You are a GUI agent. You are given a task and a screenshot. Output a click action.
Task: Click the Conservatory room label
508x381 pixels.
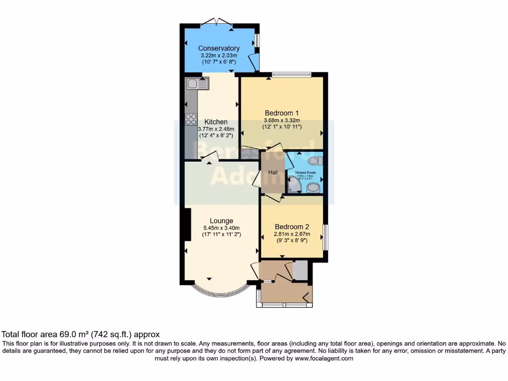point(219,48)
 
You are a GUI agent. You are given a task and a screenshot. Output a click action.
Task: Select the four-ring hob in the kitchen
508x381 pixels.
point(191,119)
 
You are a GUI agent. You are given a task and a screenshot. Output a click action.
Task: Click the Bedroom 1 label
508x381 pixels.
point(281,112)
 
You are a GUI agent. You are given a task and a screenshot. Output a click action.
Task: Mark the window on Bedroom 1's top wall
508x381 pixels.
point(291,74)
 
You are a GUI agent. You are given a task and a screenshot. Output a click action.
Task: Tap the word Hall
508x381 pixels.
point(273,172)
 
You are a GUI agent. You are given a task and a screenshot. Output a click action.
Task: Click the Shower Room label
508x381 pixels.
point(306,173)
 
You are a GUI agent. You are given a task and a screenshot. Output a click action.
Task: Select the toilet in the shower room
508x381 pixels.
point(315,160)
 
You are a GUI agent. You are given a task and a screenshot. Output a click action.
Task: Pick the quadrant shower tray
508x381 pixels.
point(294,186)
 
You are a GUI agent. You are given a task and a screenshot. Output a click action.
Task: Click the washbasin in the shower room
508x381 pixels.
point(314,188)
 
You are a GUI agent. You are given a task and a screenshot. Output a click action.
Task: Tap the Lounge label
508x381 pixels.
point(221,221)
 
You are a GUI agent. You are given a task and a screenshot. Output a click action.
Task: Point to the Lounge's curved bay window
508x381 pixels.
point(219,293)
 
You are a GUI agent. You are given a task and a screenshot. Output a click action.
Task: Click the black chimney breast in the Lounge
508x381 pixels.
point(187,225)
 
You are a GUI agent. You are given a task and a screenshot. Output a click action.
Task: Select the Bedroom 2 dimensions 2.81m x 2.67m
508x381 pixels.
point(292,234)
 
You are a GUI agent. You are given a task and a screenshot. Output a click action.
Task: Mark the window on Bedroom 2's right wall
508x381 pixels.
point(325,237)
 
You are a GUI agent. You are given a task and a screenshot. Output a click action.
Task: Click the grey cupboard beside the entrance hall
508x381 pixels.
point(300,270)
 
